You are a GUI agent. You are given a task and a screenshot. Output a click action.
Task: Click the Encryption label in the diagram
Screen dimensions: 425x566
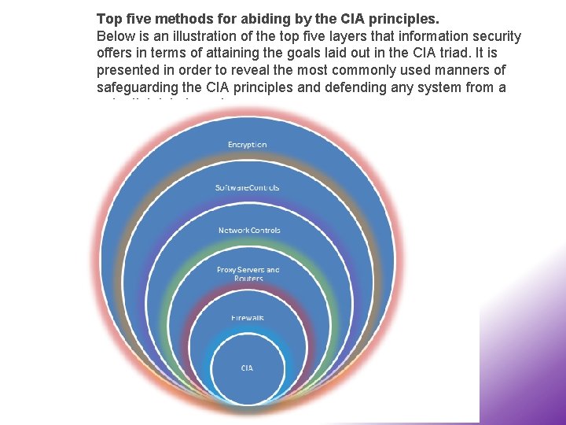point(247,145)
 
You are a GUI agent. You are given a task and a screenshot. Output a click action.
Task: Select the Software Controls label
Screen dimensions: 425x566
point(247,187)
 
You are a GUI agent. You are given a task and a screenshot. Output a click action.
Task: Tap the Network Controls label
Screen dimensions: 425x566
point(248,230)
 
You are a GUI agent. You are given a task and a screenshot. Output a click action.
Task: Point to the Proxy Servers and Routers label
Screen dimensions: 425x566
point(248,273)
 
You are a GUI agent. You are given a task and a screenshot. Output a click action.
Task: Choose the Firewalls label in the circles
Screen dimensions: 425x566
point(247,317)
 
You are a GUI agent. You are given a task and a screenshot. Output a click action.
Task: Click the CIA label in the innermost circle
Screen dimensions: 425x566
point(247,368)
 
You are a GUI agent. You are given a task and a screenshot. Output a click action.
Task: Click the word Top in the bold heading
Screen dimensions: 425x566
point(108,17)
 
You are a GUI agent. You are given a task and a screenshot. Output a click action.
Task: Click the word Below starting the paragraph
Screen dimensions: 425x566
point(115,36)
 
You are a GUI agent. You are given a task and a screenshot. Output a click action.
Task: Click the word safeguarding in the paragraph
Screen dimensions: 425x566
point(137,88)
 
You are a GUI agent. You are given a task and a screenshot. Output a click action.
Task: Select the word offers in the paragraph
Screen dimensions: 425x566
point(113,54)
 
